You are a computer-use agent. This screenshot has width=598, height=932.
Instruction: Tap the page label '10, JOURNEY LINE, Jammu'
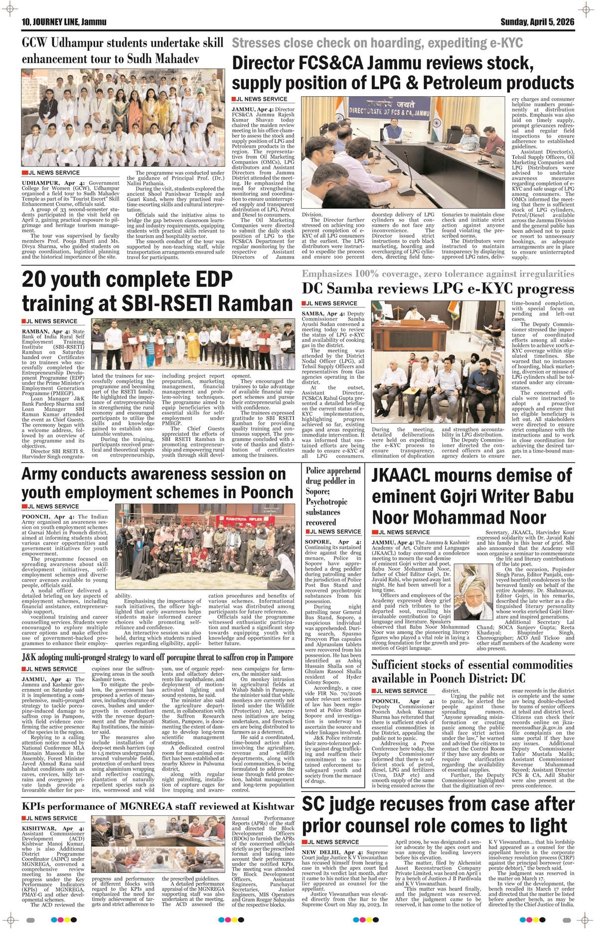[60, 22]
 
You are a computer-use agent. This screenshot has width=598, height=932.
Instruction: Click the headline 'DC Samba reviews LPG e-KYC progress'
[438, 289]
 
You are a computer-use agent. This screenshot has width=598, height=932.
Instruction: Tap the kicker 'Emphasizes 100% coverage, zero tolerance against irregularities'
[438, 274]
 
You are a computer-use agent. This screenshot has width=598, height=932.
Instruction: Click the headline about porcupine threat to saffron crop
[157, 657]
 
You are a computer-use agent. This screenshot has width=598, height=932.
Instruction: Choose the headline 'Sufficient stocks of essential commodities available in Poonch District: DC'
[472, 671]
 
